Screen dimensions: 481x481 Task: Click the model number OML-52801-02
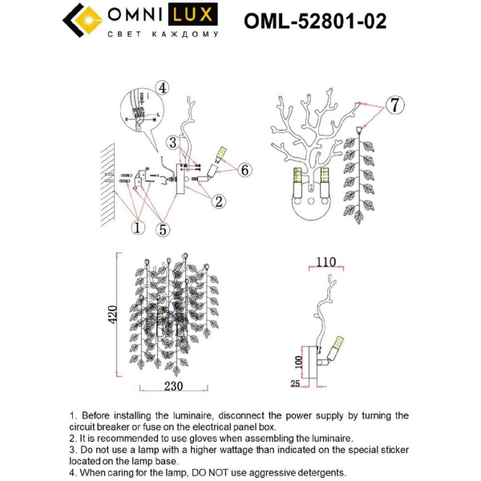[314, 21]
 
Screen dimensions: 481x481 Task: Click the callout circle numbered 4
[163, 87]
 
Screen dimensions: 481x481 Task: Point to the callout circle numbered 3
[172, 143]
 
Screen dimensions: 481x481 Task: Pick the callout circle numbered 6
[245, 169]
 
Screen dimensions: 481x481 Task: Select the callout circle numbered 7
[394, 105]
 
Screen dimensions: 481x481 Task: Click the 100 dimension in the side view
[300, 360]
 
